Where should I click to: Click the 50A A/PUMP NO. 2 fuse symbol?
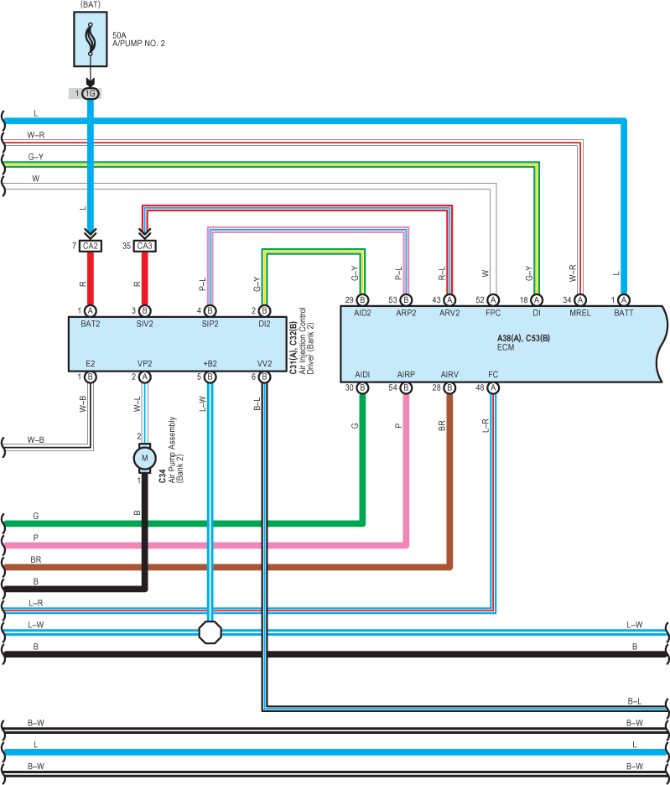tap(90, 39)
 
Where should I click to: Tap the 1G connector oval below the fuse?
tap(90, 94)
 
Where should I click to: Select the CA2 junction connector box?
tap(91, 246)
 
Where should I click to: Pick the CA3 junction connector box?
tap(145, 246)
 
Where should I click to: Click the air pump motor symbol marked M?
tap(145, 458)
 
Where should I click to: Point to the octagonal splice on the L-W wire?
tap(210, 632)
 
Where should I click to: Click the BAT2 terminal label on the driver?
tap(90, 324)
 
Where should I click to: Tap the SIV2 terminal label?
tap(145, 324)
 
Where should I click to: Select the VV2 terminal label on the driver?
tap(264, 363)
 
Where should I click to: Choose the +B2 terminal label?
tap(210, 363)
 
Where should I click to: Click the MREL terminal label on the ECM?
tap(580, 313)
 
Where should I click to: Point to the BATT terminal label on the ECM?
tap(623, 313)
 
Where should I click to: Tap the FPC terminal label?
tap(493, 313)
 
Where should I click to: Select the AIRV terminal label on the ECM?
tap(449, 375)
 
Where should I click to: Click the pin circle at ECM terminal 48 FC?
tap(493, 387)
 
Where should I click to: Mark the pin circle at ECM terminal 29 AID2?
tap(362, 300)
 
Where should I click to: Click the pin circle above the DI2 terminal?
tap(264, 311)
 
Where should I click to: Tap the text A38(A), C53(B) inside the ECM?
tap(523, 339)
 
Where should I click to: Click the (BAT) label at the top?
tap(90, 4)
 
